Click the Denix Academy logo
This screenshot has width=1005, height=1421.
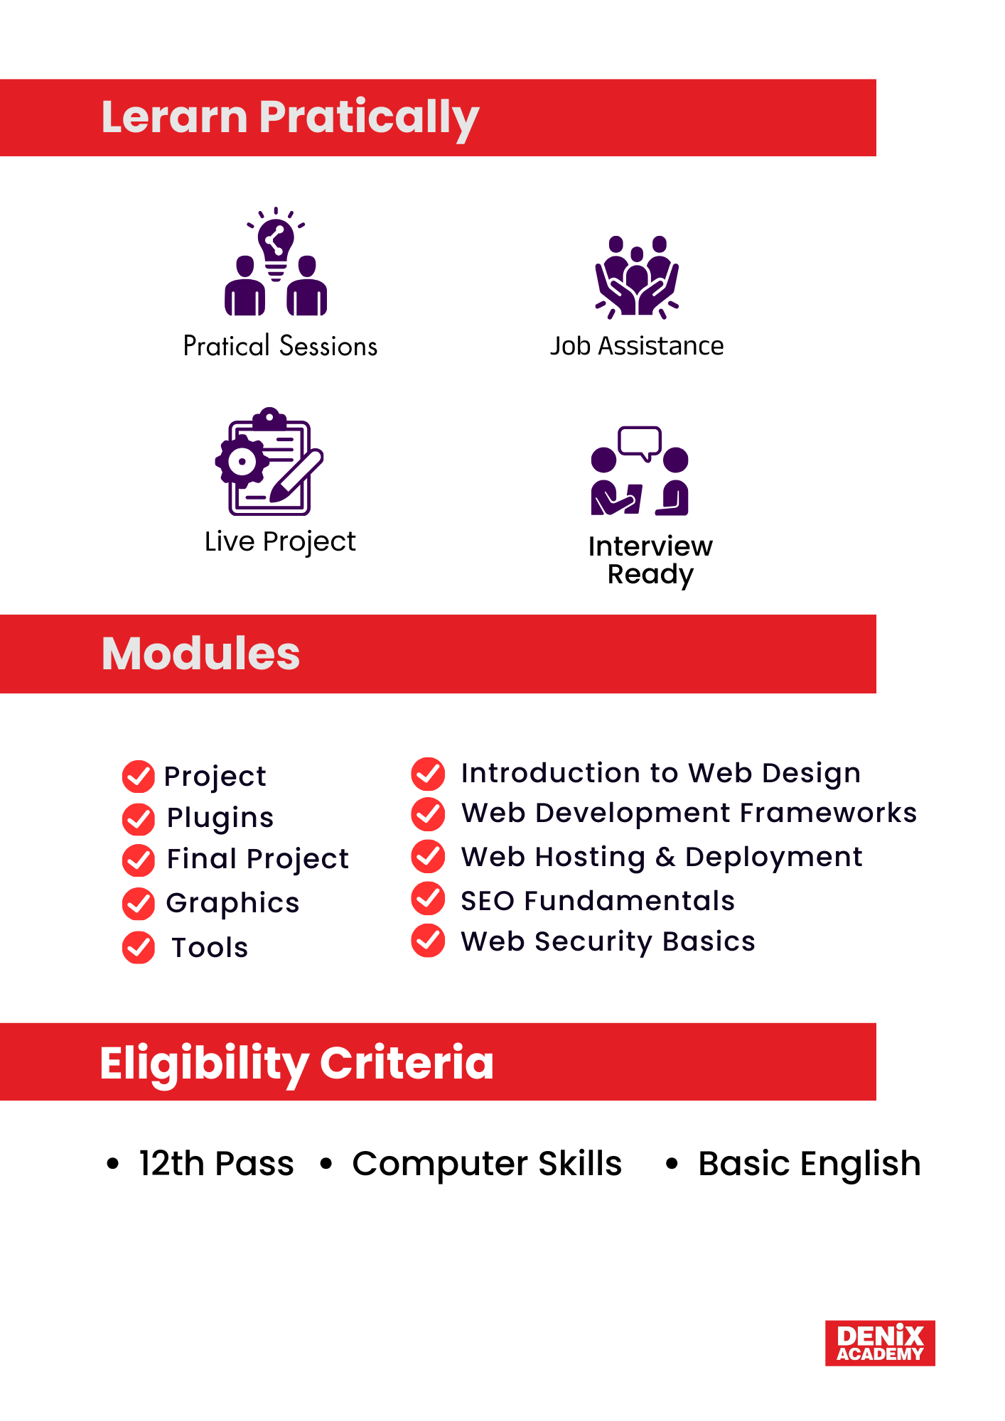tap(880, 1343)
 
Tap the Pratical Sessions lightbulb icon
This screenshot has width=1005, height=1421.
tap(276, 261)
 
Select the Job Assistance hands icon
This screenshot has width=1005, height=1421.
tap(637, 276)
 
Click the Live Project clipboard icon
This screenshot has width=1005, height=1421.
tap(269, 461)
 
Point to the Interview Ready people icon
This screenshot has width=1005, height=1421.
tap(640, 470)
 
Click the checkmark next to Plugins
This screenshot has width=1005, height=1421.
tap(139, 819)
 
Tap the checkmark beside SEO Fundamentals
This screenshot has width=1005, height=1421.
tap(429, 898)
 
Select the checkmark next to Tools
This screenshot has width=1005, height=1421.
tap(139, 947)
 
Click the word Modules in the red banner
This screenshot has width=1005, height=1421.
tap(201, 653)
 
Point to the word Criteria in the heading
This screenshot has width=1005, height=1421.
tap(407, 1063)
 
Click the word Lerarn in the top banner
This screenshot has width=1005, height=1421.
tap(175, 117)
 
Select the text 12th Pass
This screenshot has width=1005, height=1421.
tap(217, 1164)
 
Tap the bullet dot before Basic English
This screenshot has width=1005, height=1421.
tap(672, 1164)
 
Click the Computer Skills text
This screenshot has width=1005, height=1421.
tap(488, 1164)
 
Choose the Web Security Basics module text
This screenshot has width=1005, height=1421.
tap(608, 941)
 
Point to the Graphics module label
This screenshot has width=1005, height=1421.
tap(233, 903)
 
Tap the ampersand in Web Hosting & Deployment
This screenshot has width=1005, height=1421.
tap(666, 858)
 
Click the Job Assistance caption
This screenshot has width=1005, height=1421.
tap(637, 346)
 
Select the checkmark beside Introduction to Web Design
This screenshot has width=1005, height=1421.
tap(429, 774)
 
